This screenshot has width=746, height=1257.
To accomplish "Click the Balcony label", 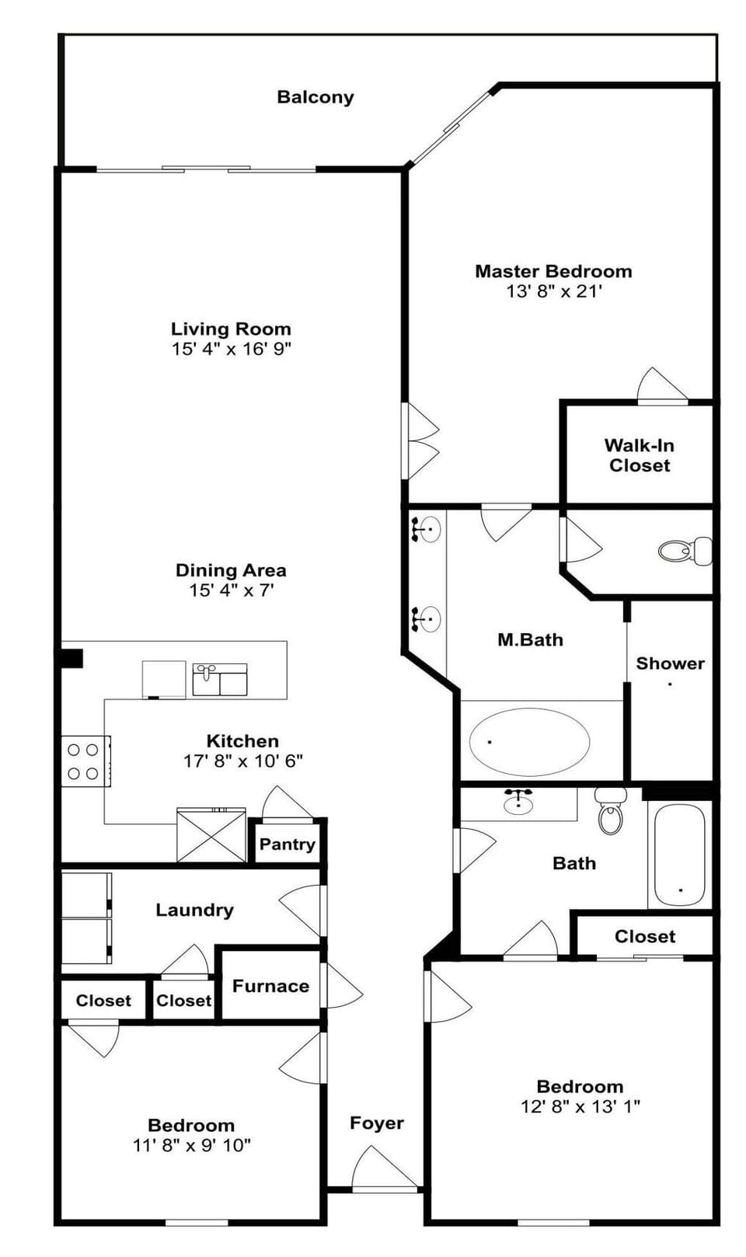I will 315,97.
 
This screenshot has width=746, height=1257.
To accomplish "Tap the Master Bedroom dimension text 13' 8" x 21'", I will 554,291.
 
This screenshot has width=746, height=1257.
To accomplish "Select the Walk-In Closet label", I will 640,455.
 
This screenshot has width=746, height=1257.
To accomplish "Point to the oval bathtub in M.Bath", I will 529,741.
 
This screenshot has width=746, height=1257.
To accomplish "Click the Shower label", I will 670,663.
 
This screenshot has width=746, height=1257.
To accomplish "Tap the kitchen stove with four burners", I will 84,761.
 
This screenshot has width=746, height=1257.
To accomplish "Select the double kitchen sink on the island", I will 220,679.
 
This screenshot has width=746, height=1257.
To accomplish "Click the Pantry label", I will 287,844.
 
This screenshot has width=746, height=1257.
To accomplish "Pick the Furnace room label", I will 270,986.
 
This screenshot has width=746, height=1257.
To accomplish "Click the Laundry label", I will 194,910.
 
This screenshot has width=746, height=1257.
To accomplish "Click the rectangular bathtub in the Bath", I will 679,855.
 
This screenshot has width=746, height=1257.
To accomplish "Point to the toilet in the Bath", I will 611,812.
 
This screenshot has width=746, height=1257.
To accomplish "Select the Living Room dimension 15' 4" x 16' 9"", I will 232,349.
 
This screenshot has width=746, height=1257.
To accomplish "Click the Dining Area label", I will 231,570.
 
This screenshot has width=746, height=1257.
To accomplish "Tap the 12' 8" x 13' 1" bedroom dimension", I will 580,1106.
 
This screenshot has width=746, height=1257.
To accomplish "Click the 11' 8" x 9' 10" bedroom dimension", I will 191,1145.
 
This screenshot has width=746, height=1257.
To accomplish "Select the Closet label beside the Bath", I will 644,936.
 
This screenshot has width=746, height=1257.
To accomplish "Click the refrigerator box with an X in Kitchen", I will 211,835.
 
